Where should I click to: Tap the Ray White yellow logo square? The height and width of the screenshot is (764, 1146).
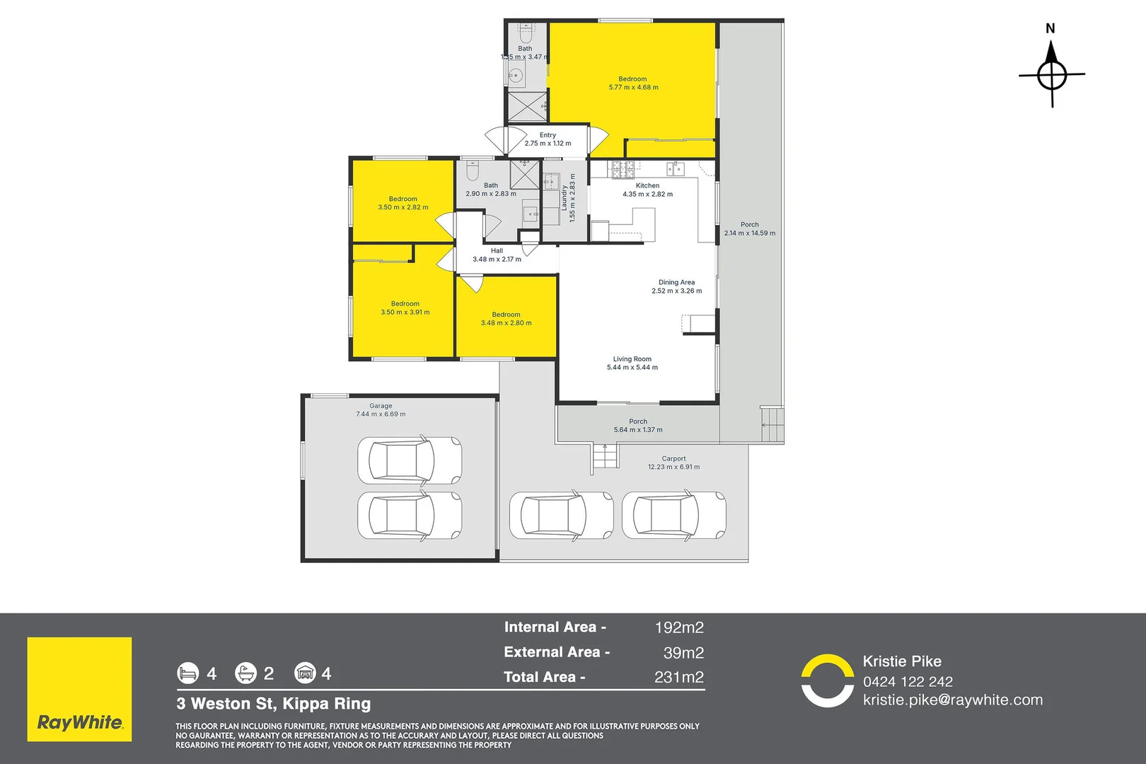tap(79, 689)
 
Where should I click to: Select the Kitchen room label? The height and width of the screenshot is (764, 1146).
tap(647, 185)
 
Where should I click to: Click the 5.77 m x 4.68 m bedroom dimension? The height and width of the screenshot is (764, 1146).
tap(633, 88)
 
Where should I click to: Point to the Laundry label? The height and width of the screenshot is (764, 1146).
tap(565, 198)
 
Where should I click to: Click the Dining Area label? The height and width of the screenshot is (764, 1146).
tap(676, 282)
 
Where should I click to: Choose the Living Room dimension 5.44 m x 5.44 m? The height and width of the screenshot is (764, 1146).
tap(632, 368)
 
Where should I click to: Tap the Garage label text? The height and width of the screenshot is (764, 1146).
tap(381, 406)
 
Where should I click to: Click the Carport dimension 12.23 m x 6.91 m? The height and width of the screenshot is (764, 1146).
tap(673, 467)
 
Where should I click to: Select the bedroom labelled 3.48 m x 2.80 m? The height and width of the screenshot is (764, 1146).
tap(506, 319)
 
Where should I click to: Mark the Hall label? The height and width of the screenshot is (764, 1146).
tap(497, 250)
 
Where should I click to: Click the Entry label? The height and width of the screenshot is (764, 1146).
tap(548, 135)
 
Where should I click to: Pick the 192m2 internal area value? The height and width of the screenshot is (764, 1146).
tap(679, 627)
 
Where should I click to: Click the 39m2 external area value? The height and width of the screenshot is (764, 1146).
tap(683, 652)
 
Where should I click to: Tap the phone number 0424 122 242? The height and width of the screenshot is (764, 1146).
tap(908, 682)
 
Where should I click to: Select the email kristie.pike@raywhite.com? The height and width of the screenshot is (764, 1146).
tap(952, 700)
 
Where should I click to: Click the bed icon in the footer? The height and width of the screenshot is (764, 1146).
tap(188, 673)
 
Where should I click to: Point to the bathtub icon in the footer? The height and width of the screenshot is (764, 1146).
tap(245, 673)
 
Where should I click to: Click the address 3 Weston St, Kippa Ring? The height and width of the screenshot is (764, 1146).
tap(274, 704)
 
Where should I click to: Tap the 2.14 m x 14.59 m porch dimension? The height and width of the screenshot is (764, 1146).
tap(749, 233)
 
